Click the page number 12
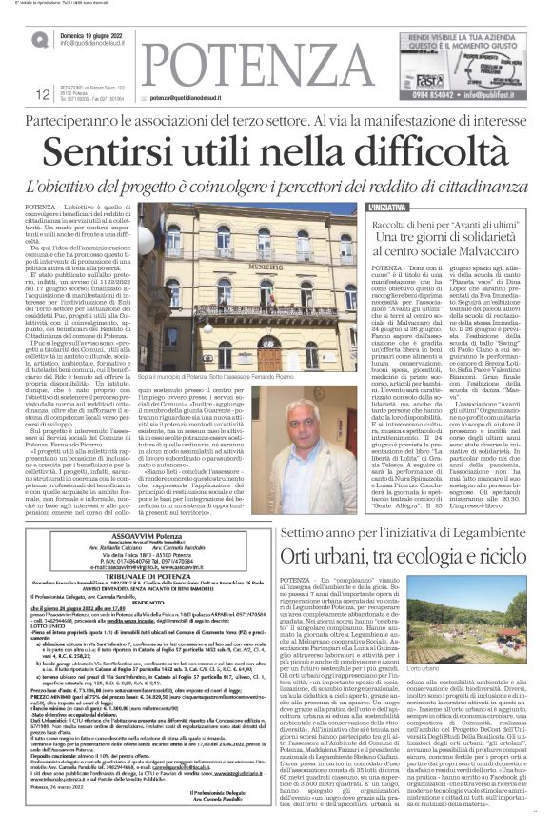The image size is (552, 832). click(x=42, y=93)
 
